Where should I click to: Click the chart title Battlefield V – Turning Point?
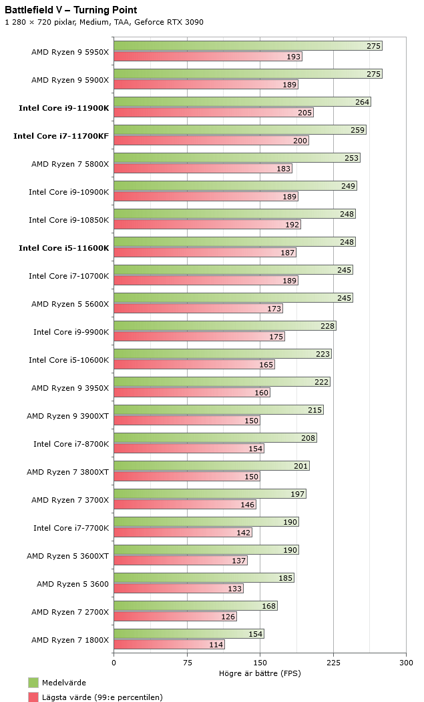pos(71,10)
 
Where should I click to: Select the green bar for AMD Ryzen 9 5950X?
pos(247,46)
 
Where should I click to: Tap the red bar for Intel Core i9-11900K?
pos(213,113)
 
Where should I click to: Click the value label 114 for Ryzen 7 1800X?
pos(216,645)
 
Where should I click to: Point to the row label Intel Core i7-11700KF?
pos(61,136)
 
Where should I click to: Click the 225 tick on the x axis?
pos(333,663)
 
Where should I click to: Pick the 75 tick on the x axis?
pos(187,663)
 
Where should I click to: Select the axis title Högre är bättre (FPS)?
pos(260,673)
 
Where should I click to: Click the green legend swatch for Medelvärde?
pos(33,683)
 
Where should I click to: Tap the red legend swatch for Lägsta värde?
pos(33,697)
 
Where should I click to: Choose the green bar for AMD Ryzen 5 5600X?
pos(232,298)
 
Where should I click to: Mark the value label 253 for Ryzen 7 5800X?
pos(352,158)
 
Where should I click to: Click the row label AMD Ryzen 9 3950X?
pos(69,388)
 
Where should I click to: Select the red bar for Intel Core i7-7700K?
pos(182,533)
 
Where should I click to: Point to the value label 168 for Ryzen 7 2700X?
pos(269,606)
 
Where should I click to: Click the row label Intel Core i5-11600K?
pos(63,248)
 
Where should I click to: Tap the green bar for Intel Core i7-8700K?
pos(214,438)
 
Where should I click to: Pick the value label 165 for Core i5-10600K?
pos(266,365)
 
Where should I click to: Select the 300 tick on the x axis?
pos(406,663)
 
